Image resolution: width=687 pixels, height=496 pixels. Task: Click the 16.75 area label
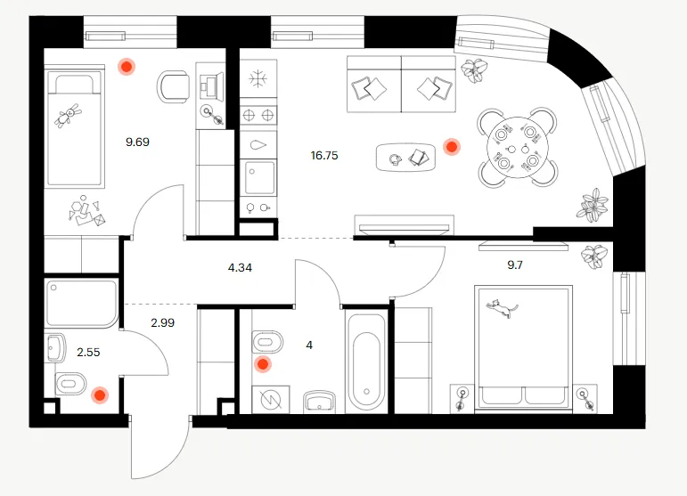pyautogui.click(x=324, y=156)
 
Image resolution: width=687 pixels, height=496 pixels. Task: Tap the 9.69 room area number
pyautogui.click(x=137, y=142)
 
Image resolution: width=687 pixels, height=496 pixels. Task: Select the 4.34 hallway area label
pyautogui.click(x=240, y=267)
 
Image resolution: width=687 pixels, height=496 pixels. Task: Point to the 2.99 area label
pyautogui.click(x=162, y=322)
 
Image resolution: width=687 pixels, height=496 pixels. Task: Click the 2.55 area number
pyautogui.click(x=88, y=352)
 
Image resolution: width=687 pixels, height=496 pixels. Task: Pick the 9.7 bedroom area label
pyautogui.click(x=515, y=264)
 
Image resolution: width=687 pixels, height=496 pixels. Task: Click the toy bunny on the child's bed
pyautogui.click(x=68, y=116)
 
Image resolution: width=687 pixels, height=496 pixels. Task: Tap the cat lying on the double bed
pyautogui.click(x=502, y=307)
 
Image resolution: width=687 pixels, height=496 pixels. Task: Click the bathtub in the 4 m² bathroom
pyautogui.click(x=366, y=362)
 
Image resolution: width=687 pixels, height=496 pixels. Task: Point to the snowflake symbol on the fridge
pyautogui.click(x=258, y=78)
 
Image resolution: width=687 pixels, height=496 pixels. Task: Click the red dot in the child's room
pyautogui.click(x=127, y=67)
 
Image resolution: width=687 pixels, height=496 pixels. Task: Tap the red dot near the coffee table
pyautogui.click(x=451, y=147)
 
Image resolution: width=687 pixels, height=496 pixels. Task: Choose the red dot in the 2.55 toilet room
pyautogui.click(x=100, y=395)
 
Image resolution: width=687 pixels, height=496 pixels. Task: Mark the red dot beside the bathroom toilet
pyautogui.click(x=264, y=364)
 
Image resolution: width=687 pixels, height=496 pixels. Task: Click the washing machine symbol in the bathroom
pyautogui.click(x=270, y=399)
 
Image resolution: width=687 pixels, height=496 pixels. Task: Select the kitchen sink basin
pyautogui.click(x=260, y=177)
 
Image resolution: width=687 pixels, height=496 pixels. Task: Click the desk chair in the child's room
pyautogui.click(x=173, y=86)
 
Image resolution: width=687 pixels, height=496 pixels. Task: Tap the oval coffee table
pyautogui.click(x=405, y=157)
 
